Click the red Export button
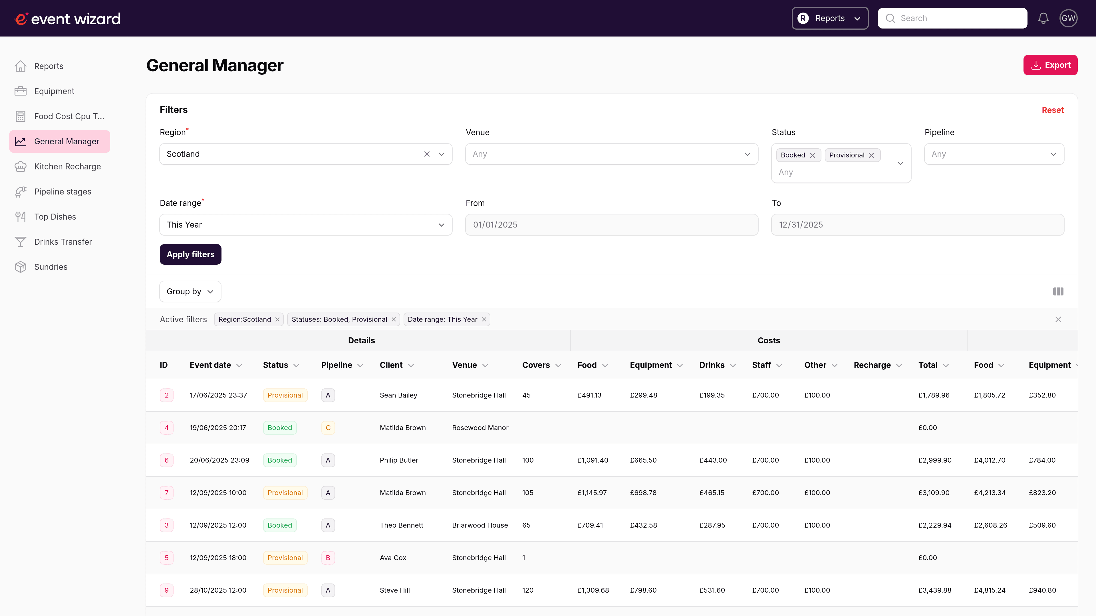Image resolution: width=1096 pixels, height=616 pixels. click(1050, 65)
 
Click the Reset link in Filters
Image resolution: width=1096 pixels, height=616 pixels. click(1052, 110)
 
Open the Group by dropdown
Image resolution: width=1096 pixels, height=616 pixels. click(190, 292)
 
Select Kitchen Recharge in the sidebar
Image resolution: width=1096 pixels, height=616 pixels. click(67, 167)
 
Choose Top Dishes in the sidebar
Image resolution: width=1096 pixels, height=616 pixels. click(55, 217)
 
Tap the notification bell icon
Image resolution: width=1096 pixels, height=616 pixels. click(1043, 18)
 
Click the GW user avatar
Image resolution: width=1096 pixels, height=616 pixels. click(1068, 18)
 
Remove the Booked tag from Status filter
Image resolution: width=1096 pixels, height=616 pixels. click(812, 155)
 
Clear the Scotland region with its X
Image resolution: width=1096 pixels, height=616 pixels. click(427, 154)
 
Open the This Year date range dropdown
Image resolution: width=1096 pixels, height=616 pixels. click(305, 224)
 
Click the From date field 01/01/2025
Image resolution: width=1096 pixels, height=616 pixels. click(611, 224)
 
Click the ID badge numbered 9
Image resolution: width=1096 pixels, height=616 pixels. click(166, 590)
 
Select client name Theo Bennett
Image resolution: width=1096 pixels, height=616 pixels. click(401, 525)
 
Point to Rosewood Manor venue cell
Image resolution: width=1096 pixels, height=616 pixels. click(480, 428)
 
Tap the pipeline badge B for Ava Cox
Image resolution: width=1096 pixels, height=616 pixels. click(328, 558)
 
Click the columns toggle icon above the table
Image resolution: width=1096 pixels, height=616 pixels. click(1058, 292)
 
